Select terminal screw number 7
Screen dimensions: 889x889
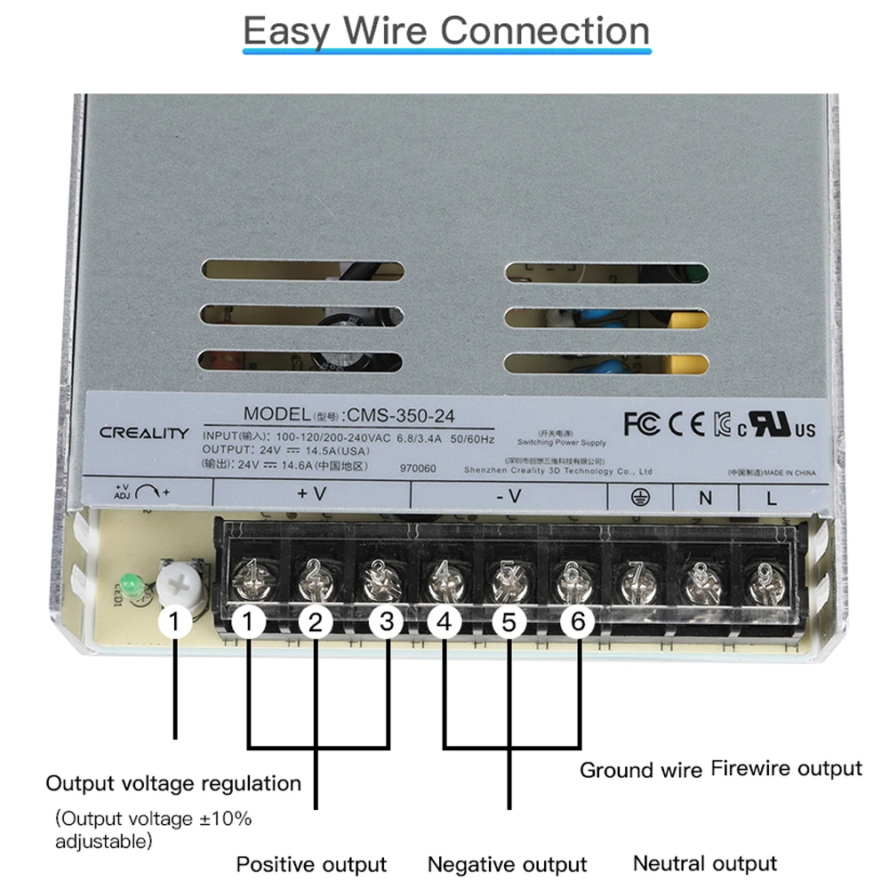[637, 584]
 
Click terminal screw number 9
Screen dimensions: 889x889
[762, 584]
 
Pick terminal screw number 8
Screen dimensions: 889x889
[700, 584]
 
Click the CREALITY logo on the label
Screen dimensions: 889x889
[144, 434]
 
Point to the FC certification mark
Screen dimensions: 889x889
[642, 424]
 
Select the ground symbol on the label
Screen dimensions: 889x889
[638, 497]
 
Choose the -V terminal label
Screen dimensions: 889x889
[509, 496]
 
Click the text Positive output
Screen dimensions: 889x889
[311, 864]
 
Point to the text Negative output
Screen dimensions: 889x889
[507, 864]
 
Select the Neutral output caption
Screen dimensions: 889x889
[704, 862]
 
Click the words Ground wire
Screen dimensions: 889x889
[640, 770]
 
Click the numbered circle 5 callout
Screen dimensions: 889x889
[509, 623]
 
